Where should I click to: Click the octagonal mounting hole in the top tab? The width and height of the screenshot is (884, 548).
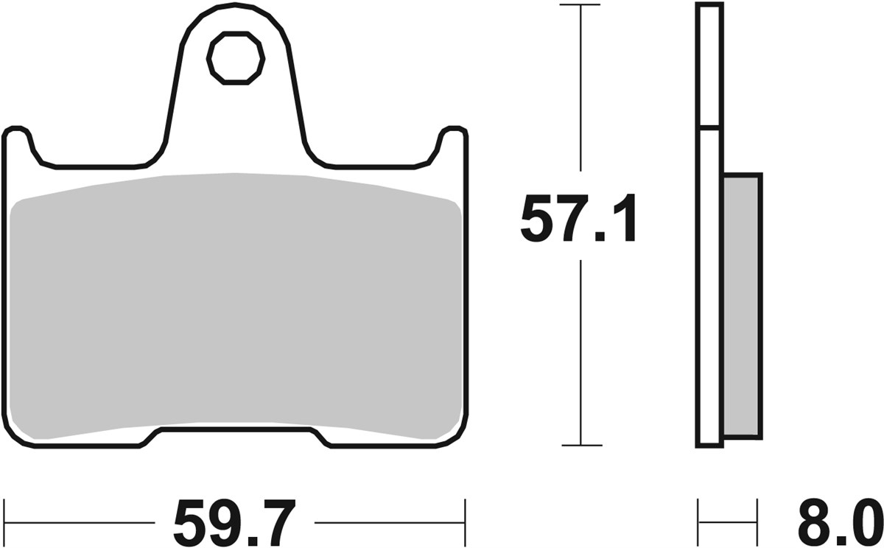(x=235, y=57)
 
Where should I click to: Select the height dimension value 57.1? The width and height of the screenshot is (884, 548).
(x=578, y=219)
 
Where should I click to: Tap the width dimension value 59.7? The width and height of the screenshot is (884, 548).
(x=234, y=522)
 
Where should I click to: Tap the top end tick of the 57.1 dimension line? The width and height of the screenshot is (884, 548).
(x=580, y=5)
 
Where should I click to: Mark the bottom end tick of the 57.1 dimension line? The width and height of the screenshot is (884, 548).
(x=580, y=445)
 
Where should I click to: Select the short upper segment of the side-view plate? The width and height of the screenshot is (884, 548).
(x=709, y=65)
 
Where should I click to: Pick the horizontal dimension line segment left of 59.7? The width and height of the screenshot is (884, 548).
(x=81, y=522)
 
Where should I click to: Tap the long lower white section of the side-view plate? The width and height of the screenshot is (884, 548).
(x=709, y=295)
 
